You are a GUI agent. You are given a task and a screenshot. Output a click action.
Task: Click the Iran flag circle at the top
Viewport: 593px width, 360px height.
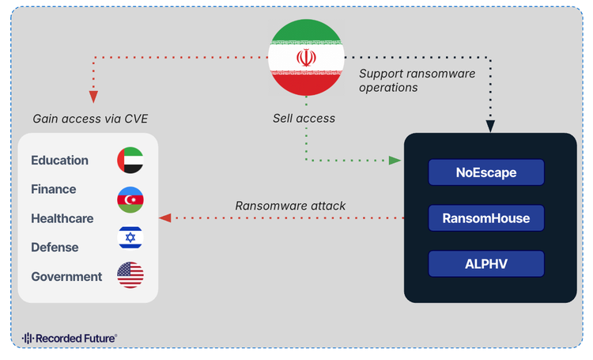pos(306,57)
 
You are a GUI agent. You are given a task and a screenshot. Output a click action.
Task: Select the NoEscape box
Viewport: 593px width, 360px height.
pos(486,172)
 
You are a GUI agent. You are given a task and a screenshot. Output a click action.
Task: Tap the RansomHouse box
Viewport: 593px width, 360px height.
pos(486,218)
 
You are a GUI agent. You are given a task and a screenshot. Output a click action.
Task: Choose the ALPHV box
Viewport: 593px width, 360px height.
pos(486,263)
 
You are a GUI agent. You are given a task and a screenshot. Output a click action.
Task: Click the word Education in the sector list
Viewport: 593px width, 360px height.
pos(59,161)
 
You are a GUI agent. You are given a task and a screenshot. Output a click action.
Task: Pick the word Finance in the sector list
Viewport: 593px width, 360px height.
pos(54,189)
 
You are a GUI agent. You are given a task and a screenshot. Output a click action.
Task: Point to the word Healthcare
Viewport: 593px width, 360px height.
pos(62,218)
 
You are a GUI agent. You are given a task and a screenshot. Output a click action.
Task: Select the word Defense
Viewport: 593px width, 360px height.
pos(55,248)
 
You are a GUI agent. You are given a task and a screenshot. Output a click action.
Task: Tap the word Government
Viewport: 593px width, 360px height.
pos(66,277)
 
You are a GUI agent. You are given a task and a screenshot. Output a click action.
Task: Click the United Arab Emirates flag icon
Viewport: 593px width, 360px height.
pos(130,161)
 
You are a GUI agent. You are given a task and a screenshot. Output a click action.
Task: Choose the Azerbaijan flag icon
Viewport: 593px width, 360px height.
pos(130,199)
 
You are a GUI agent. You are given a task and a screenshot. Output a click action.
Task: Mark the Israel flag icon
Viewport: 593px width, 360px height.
pos(130,237)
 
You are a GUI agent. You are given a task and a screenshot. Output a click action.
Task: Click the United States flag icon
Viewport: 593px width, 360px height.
pos(130,275)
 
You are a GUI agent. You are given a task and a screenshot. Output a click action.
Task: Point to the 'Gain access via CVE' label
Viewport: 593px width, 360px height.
pos(90,119)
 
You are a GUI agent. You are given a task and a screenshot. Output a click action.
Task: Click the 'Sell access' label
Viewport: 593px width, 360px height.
pos(304,119)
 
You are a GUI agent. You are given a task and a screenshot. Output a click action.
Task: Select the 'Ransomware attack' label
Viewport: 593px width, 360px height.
pos(290,206)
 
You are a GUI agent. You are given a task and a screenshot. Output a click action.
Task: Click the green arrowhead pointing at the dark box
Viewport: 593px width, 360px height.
pos(395,161)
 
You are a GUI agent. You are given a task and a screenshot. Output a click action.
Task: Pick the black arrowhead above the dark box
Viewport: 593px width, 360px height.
pos(490,126)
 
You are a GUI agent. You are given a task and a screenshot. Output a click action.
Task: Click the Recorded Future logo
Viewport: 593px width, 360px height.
pos(70,338)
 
